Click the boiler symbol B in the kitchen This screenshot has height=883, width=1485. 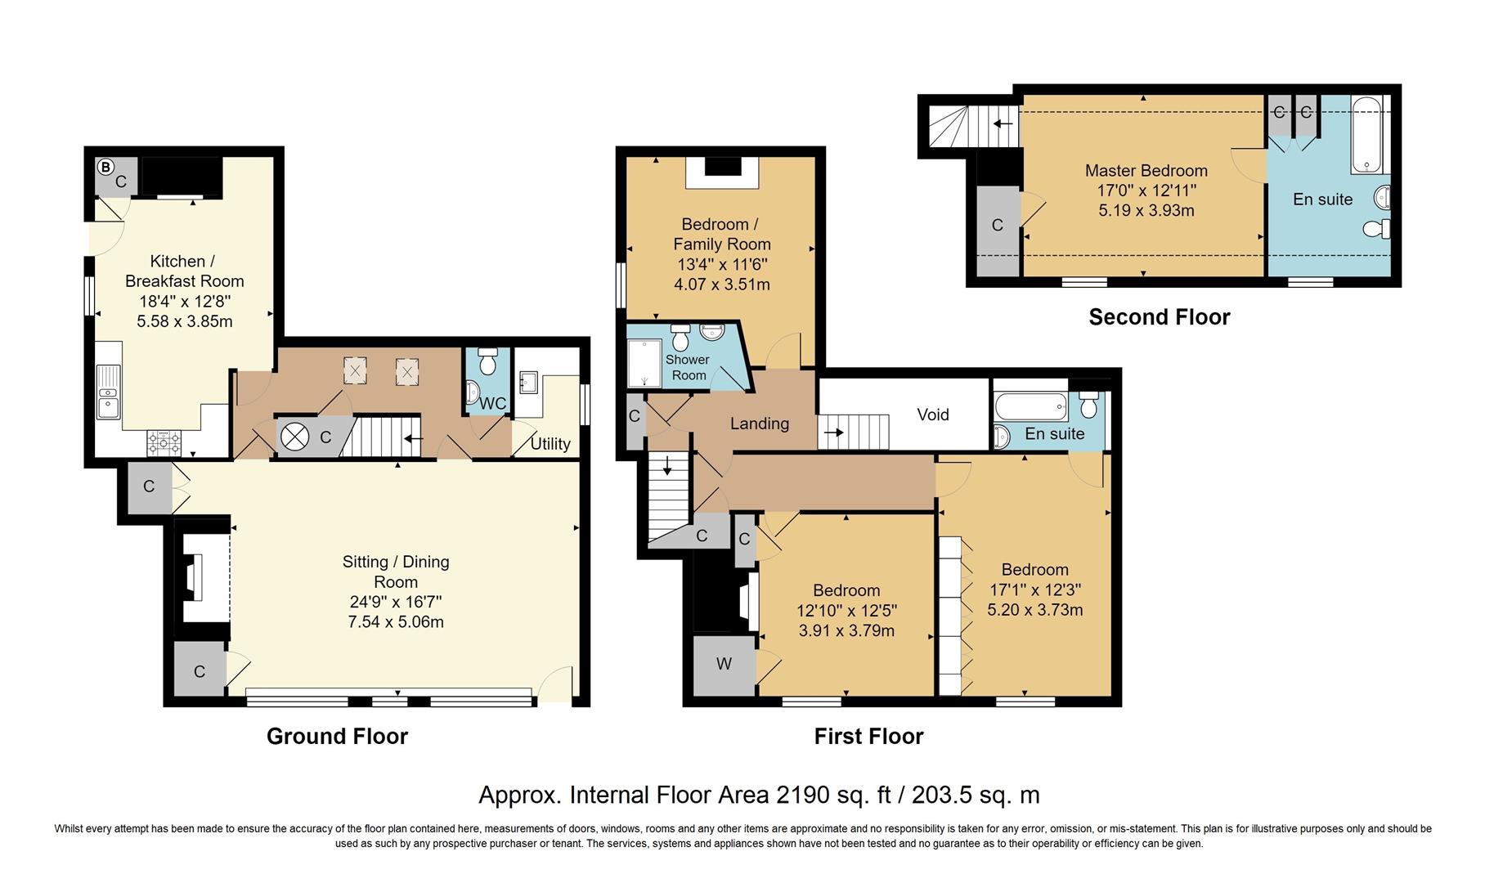105,167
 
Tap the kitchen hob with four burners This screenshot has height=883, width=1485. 164,442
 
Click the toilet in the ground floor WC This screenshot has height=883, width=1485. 488,361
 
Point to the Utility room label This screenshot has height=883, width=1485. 550,444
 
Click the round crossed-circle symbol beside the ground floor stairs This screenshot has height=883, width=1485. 294,437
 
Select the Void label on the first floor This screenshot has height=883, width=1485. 932,415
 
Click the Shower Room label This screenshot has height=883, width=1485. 688,367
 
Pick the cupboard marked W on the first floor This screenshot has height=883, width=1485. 724,664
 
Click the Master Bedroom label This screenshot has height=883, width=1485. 1146,171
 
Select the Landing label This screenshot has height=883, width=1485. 759,424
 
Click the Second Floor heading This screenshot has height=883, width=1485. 1159,317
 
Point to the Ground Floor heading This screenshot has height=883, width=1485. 337,737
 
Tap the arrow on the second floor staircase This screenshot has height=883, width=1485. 1003,124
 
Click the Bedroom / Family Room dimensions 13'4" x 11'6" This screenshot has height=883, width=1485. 722,264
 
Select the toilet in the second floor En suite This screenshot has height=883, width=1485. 1376,228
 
